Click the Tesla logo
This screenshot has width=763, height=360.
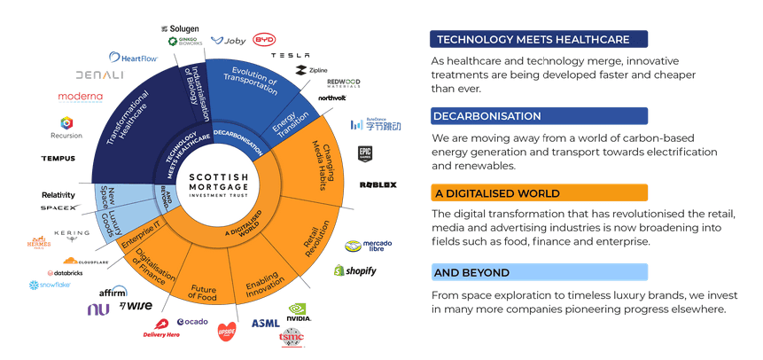pyautogui.click(x=289, y=55)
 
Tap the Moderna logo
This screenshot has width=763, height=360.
pyautogui.click(x=81, y=97)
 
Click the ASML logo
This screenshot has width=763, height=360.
pyautogui.click(x=265, y=323)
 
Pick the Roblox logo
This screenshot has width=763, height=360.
pyautogui.click(x=378, y=184)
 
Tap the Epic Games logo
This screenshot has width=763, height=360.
pyautogui.click(x=366, y=153)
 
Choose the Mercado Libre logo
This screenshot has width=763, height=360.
pyautogui.click(x=365, y=247)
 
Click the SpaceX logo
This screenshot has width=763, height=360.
pyautogui.click(x=59, y=208)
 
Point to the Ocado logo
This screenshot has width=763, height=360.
pyautogui.click(x=192, y=321)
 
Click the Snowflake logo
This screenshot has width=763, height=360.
pyautogui.click(x=51, y=286)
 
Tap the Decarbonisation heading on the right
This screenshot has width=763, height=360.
pyautogui.click(x=487, y=116)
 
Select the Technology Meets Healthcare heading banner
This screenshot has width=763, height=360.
pyautogui.click(x=533, y=40)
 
